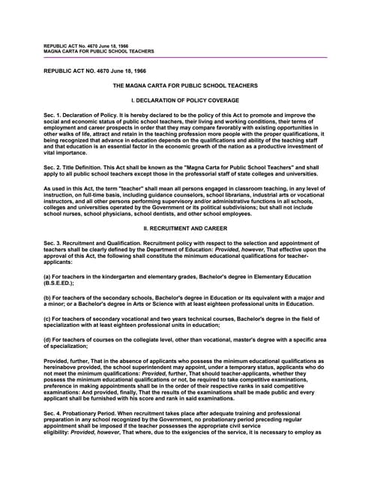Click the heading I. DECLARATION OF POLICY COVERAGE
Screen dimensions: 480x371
(x=185, y=100)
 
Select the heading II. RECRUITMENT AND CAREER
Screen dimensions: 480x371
(x=185, y=205)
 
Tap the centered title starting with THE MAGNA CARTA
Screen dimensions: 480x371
(x=185, y=85)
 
